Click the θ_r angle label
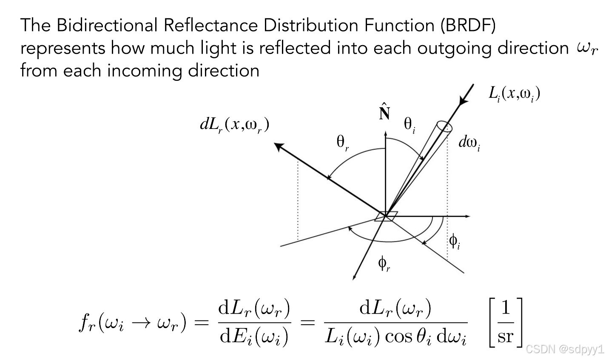point(342,143)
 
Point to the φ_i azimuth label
point(455,242)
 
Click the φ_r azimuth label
point(384,265)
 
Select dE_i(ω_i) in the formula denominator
point(253,337)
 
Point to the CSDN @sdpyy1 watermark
point(565,350)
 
